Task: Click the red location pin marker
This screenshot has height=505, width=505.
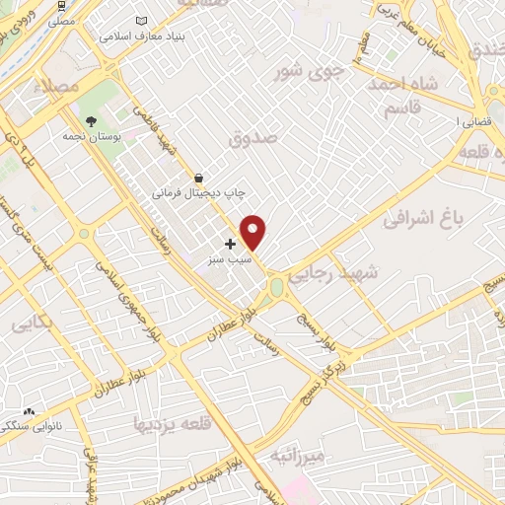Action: coord(253,232)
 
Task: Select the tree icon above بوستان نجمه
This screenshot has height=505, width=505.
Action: coord(92,121)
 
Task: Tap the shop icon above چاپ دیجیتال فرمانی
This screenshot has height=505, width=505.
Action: coord(200,179)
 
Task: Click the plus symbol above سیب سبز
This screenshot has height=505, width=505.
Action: coord(231,244)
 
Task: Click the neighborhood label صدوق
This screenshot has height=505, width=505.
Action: coord(253,139)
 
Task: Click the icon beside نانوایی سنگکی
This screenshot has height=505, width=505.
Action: coord(29,413)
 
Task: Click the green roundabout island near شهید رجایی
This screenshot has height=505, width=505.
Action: coord(275,287)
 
